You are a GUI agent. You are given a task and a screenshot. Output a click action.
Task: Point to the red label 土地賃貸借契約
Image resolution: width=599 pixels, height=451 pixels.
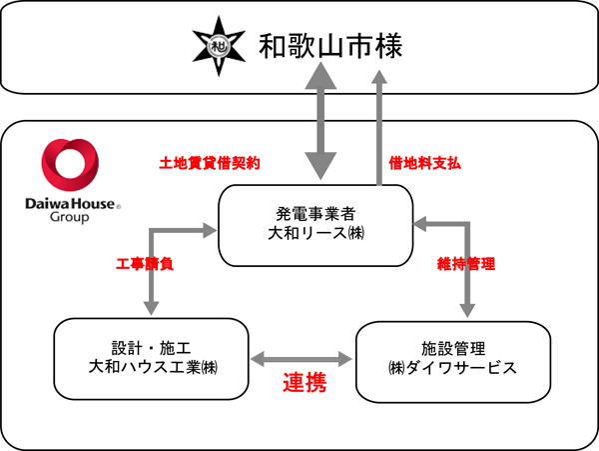pyautogui.click(x=210, y=163)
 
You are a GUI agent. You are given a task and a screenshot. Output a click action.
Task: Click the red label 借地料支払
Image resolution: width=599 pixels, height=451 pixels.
pyautogui.click(x=423, y=163)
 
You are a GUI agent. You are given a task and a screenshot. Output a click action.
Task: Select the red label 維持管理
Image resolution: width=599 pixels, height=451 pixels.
pyautogui.click(x=466, y=265)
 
